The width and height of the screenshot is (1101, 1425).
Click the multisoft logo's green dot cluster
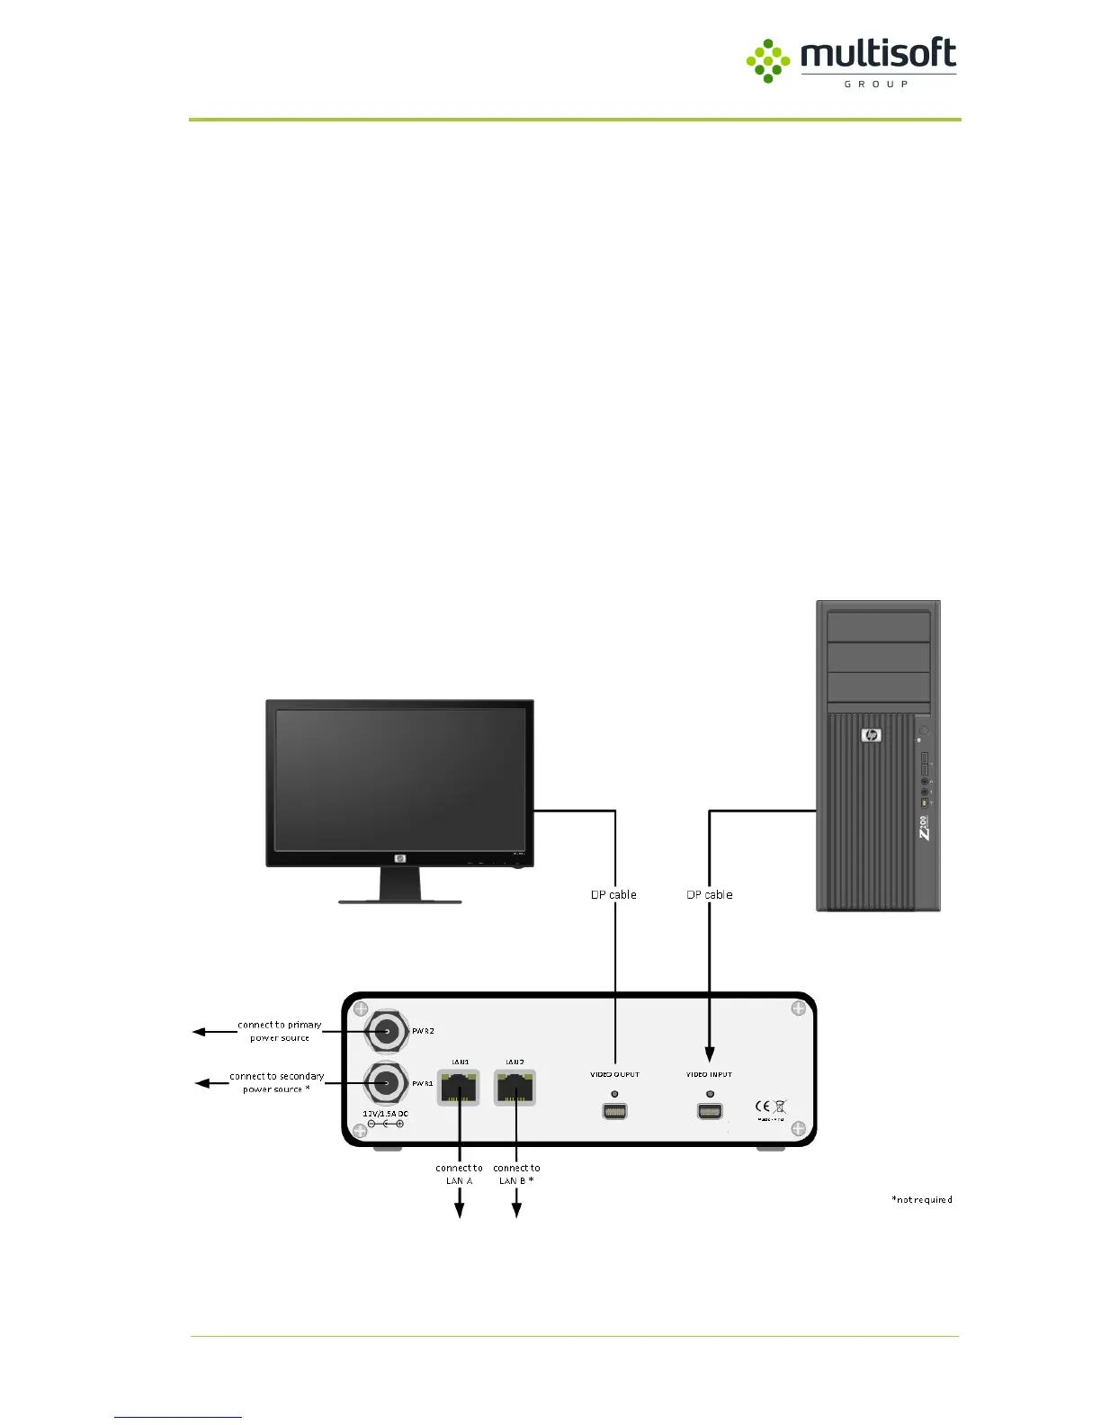click(767, 61)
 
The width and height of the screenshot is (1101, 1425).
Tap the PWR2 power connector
click(387, 1031)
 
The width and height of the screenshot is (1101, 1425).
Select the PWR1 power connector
click(387, 1083)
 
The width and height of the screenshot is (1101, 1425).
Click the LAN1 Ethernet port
click(460, 1088)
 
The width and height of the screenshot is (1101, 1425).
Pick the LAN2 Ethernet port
click(515, 1088)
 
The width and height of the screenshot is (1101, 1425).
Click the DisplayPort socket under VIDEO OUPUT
click(614, 1111)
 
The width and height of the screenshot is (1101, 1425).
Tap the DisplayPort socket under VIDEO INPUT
click(710, 1111)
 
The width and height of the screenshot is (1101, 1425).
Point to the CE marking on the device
click(763, 1107)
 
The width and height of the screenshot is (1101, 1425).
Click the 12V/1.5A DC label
click(385, 1113)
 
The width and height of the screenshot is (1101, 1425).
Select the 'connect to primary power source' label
click(280, 1031)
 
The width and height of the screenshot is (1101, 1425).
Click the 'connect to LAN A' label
click(459, 1174)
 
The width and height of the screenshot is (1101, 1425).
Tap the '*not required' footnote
click(921, 1199)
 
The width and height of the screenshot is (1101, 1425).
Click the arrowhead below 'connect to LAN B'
click(516, 1211)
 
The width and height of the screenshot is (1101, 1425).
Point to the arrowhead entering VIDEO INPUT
click(710, 1054)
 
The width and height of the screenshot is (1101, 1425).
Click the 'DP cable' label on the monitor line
click(613, 894)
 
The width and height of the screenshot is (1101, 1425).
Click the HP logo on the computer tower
click(871, 736)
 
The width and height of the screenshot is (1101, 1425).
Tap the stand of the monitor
click(399, 885)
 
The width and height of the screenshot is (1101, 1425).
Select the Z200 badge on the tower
click(923, 829)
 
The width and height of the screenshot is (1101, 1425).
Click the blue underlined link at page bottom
click(178, 1417)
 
